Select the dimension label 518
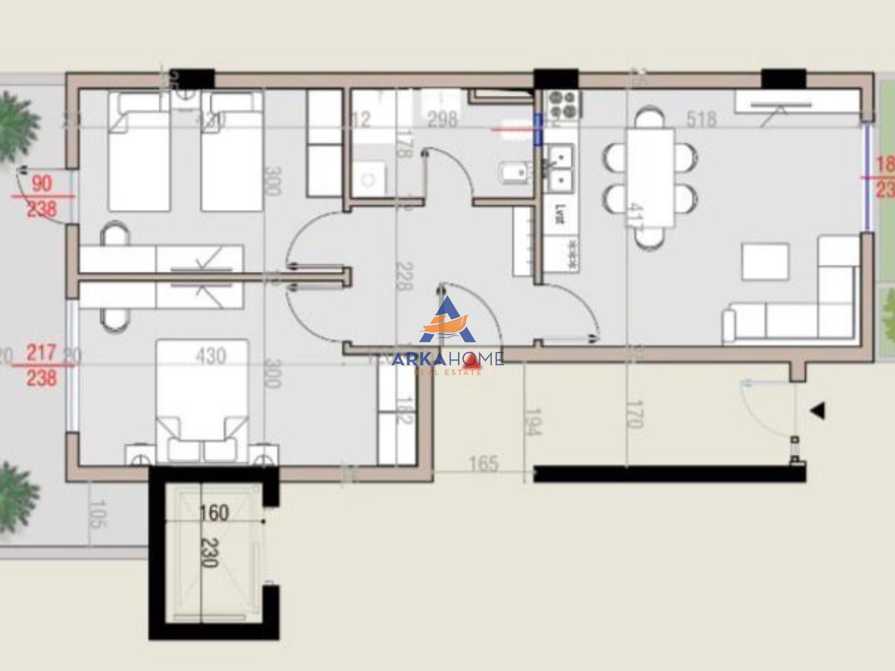click(x=701, y=119)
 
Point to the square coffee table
click(x=765, y=262)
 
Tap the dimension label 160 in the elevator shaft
click(x=214, y=513)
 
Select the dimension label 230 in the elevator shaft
click(x=209, y=553)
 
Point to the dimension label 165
click(x=483, y=464)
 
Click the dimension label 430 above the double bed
click(x=211, y=356)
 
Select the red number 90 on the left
click(x=42, y=184)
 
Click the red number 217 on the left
click(x=42, y=353)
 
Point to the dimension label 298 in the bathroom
click(x=442, y=119)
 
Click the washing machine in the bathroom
click(x=368, y=179)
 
